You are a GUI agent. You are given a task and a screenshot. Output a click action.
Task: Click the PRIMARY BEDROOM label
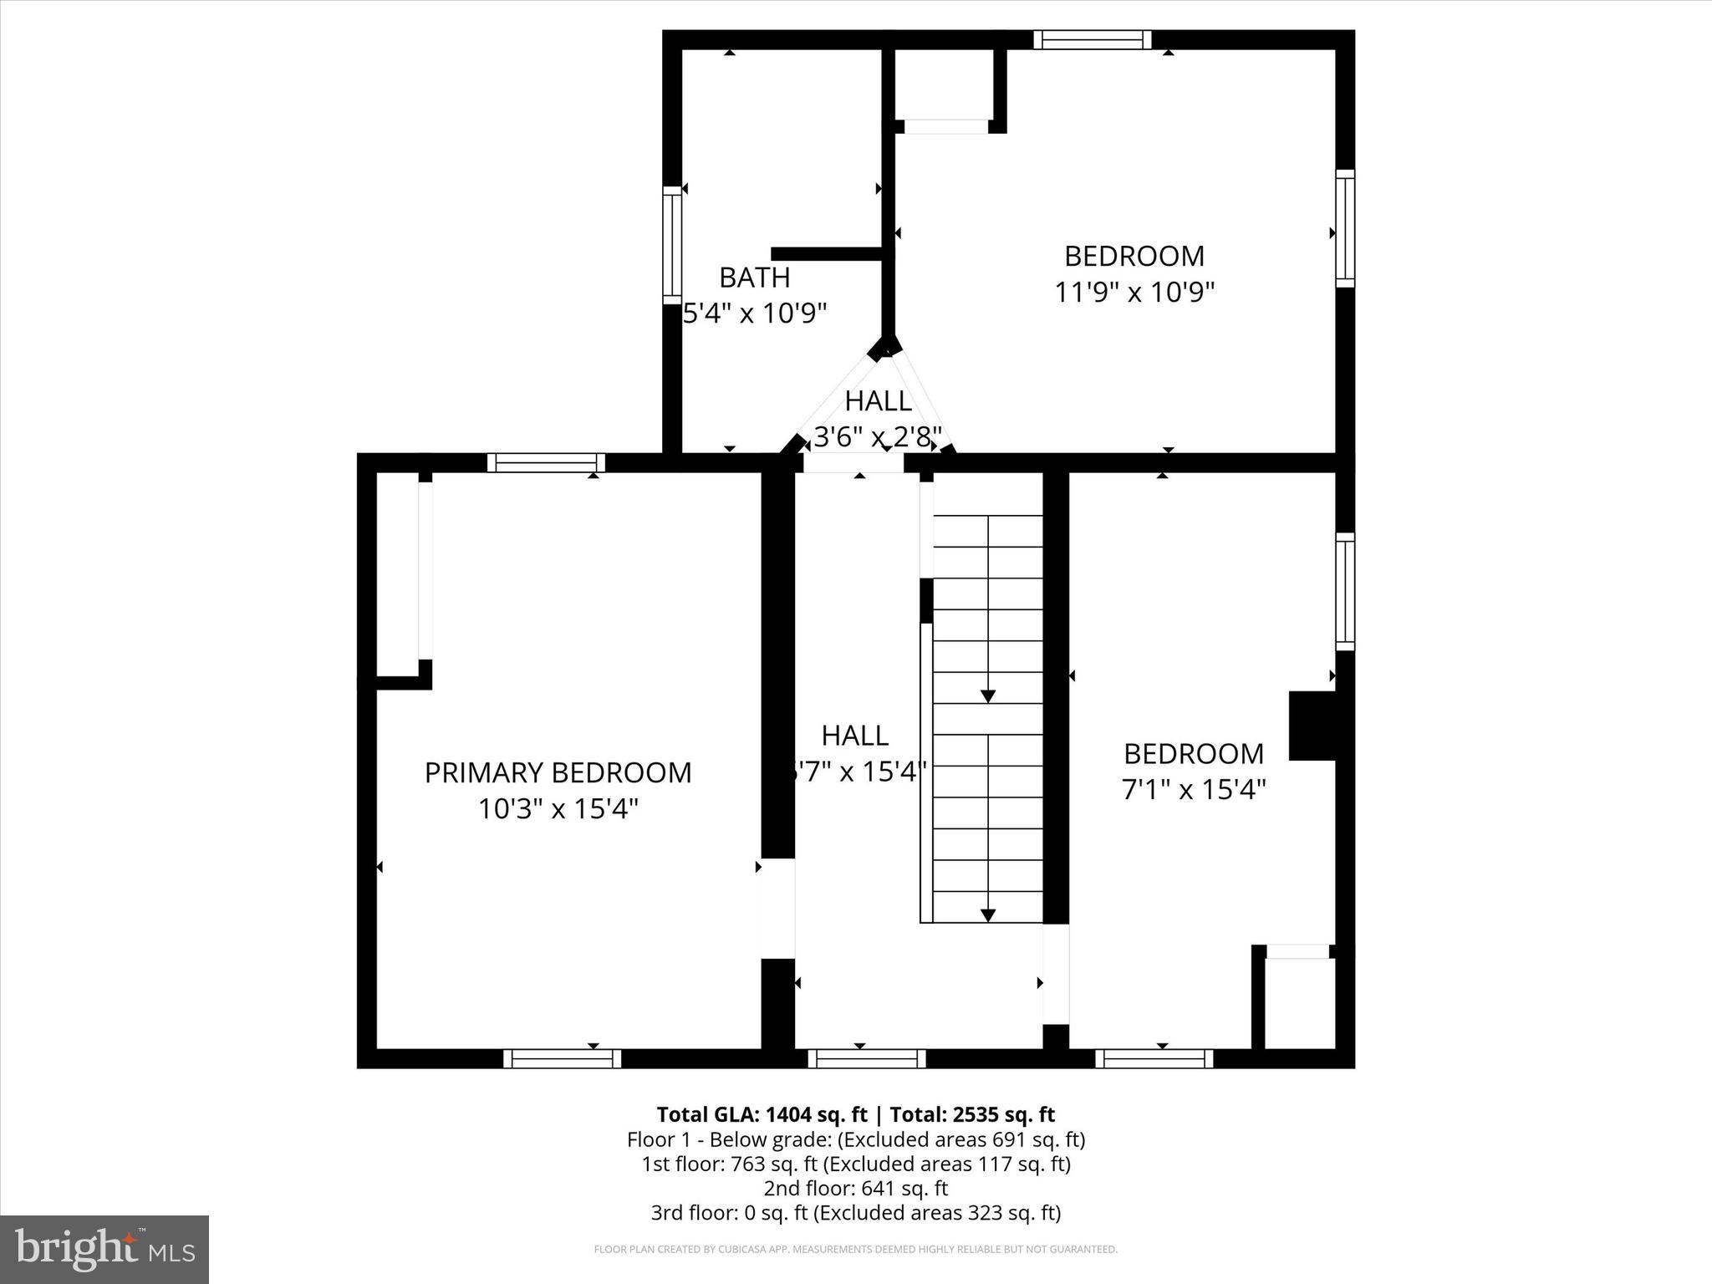point(558,772)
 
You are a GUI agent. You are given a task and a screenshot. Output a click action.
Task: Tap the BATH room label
point(754,277)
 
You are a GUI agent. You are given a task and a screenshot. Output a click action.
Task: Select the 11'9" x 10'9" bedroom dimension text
point(1134,293)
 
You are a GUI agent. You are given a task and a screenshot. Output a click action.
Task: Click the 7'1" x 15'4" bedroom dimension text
point(1193,789)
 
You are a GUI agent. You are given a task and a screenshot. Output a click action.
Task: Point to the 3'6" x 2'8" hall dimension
point(878,436)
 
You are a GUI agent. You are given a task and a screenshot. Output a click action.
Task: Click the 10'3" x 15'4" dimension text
point(558,809)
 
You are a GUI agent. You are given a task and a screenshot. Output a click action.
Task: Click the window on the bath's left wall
point(672,245)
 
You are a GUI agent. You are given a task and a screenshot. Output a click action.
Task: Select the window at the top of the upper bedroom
point(1092,40)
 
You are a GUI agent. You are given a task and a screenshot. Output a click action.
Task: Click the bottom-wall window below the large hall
point(867,1059)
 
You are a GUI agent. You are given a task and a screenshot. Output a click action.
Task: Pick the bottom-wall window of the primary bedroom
point(562,1059)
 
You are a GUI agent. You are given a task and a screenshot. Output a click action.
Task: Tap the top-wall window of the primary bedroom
point(546,463)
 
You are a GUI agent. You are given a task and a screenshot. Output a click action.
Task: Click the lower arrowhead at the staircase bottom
point(988,915)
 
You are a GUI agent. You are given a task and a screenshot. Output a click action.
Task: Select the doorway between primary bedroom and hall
point(777,909)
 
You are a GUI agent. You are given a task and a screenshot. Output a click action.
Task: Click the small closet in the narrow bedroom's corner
point(1299,1001)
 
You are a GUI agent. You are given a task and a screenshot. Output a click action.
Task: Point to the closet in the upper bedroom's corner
point(944,85)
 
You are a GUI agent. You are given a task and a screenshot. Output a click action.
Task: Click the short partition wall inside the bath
point(826,254)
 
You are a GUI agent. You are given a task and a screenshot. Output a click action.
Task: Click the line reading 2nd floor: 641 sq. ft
point(855,1188)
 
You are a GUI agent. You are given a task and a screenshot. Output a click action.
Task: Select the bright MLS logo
point(104,1248)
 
